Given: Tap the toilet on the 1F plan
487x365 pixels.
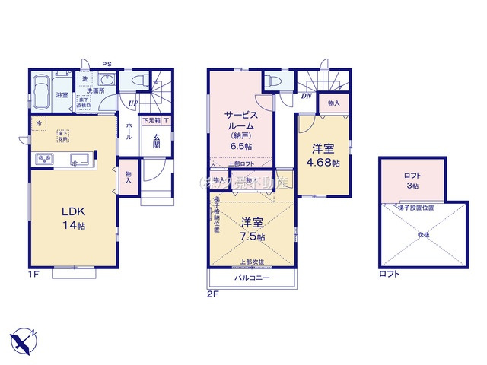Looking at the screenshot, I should click(x=137, y=80).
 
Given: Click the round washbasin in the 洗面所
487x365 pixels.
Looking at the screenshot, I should click(x=107, y=81).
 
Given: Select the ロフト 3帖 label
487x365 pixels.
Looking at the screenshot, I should click(x=411, y=180).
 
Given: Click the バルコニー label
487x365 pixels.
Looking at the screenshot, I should click(x=249, y=279).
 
